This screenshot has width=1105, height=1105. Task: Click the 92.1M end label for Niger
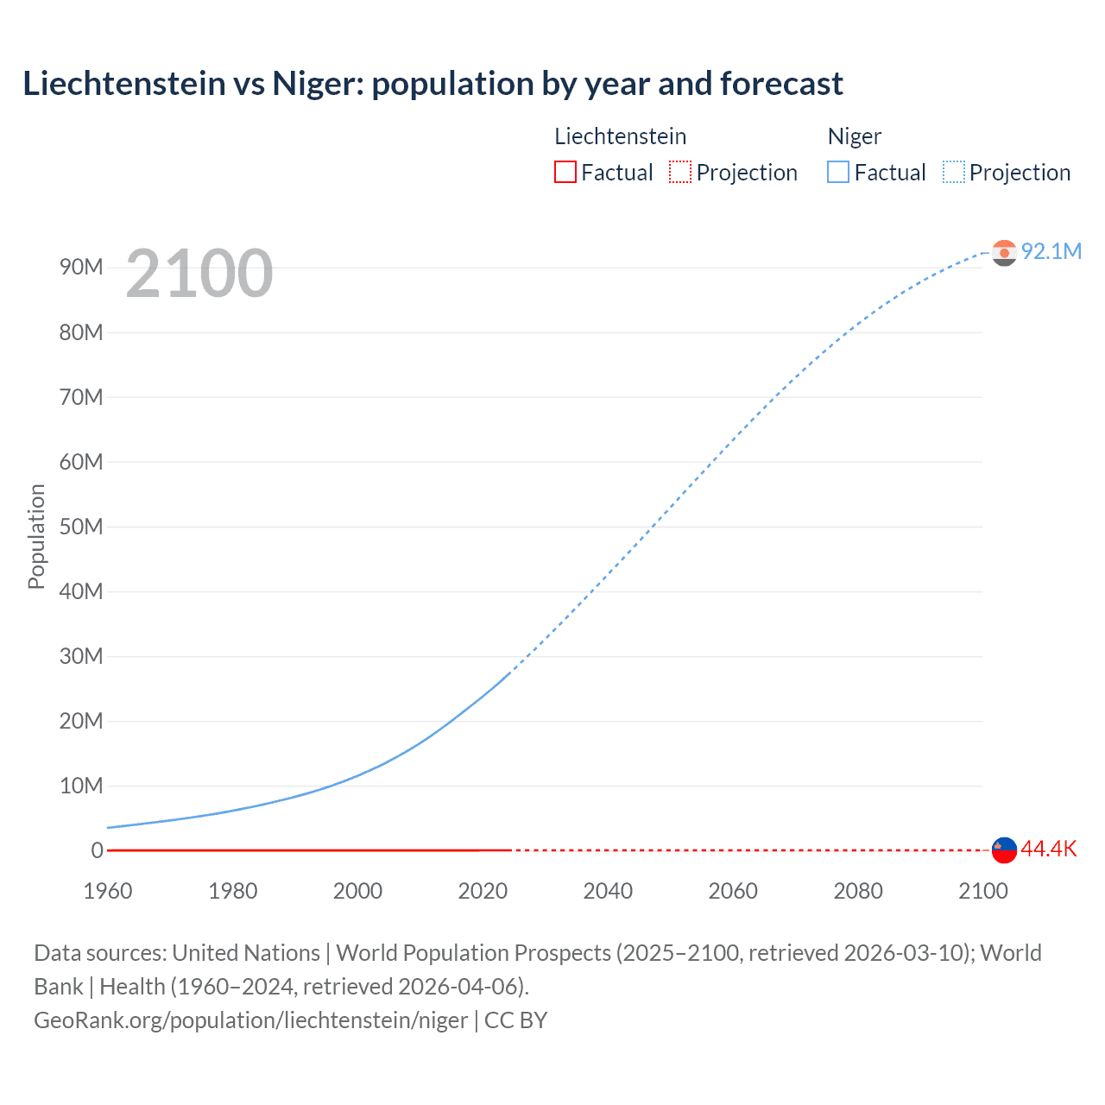point(1051,251)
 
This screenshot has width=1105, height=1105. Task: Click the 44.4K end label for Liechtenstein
point(1048,849)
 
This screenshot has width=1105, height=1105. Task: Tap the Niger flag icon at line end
point(1004,252)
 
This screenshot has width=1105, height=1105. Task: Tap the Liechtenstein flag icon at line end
point(1004,849)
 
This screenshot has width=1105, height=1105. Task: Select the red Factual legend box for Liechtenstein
point(565,172)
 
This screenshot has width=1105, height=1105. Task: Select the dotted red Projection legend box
point(680,172)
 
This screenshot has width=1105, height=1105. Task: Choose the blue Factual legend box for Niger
point(837,172)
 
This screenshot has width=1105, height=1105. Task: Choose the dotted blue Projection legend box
point(954,172)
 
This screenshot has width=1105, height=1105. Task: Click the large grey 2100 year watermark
point(199,274)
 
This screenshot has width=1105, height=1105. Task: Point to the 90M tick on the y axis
point(81,267)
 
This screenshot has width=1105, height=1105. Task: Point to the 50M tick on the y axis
point(81,527)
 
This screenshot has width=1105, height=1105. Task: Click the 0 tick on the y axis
point(97,850)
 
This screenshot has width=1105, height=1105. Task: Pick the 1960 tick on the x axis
point(108,891)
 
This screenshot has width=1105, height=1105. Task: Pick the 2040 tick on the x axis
point(608,891)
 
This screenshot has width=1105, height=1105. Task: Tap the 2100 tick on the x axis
point(982,891)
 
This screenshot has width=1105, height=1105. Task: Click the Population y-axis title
point(36,536)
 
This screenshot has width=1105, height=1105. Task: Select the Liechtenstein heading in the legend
point(620,136)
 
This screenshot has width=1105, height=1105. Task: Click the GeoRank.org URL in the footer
point(250,1020)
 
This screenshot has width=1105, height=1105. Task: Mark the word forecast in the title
point(781,84)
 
